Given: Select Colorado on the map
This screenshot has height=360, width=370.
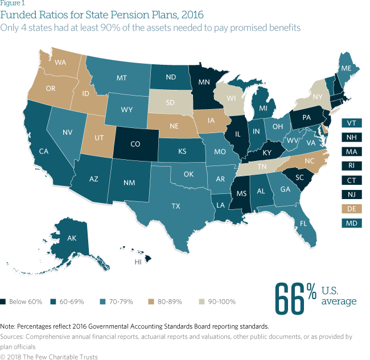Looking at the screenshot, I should [135, 144].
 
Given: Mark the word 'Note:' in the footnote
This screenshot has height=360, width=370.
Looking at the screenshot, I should [9, 326].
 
